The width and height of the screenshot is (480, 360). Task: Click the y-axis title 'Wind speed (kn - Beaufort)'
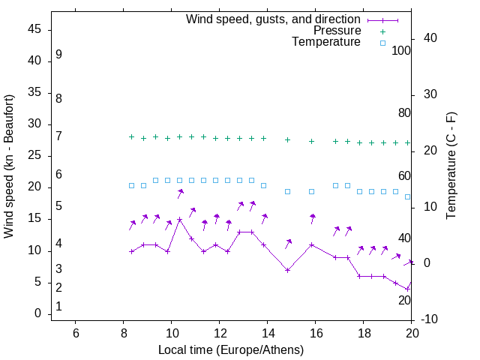click(8, 166)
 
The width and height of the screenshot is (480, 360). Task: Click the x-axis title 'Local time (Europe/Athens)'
click(231, 349)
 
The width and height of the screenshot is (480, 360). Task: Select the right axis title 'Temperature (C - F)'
click(451, 166)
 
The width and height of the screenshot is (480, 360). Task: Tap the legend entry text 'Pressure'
click(337, 31)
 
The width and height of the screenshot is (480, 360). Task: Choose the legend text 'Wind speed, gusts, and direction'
click(273, 19)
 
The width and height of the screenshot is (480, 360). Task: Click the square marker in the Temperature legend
click(382, 43)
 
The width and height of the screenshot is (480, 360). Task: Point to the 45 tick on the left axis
click(34, 29)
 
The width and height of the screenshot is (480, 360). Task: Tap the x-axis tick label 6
click(75, 334)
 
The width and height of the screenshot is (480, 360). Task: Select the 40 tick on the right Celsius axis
click(430, 38)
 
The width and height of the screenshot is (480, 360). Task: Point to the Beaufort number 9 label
click(58, 55)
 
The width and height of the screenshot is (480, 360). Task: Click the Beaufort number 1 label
click(58, 307)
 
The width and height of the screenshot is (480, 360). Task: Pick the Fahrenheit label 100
click(401, 50)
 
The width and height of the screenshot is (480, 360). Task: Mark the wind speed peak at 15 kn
click(180, 220)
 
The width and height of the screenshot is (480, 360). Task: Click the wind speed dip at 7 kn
click(287, 270)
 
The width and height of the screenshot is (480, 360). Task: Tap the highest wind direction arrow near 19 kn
click(180, 193)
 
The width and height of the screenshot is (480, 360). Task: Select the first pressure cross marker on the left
click(132, 137)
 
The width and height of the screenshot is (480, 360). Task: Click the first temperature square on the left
click(132, 185)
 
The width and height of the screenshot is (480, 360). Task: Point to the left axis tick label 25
click(34, 156)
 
